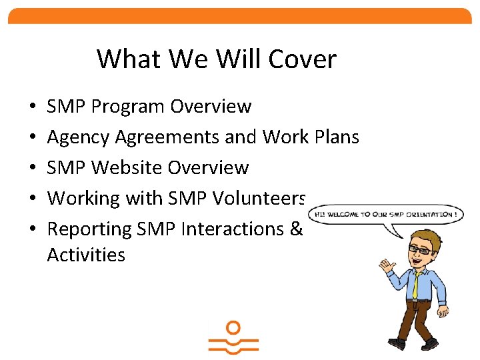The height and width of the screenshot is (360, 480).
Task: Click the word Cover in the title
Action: pyautogui.click(x=303, y=59)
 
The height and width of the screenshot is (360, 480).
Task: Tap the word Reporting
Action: pyautogui.click(x=90, y=229)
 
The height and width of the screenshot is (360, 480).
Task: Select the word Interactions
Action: pyautogui.click(x=231, y=229)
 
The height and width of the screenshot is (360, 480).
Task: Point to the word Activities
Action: pyautogui.click(x=86, y=255)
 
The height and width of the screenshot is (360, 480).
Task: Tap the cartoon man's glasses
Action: pyautogui.click(x=421, y=249)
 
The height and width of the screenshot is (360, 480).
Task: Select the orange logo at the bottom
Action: pyautogui.click(x=233, y=339)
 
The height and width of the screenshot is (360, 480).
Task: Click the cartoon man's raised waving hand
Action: pyautogui.click(x=385, y=267)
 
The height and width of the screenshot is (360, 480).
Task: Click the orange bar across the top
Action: pyautogui.click(x=240, y=16)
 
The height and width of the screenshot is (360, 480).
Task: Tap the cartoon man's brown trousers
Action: pyautogui.click(x=416, y=320)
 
